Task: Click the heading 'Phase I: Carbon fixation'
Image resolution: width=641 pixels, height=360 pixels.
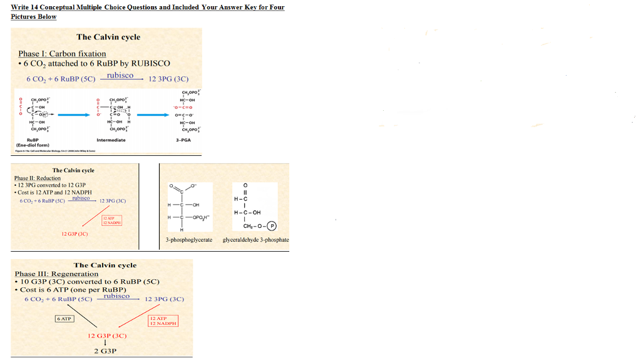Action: coord(62,54)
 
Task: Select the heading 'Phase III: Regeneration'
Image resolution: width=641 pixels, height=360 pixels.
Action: coord(56,274)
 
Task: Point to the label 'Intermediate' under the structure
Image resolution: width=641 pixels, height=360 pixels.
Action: coord(111,140)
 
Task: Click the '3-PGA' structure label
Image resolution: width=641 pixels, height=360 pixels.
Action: coord(183,140)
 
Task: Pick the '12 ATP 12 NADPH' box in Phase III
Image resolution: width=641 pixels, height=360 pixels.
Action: coord(163,321)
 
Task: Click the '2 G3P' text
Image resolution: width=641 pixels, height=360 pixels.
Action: coord(105,351)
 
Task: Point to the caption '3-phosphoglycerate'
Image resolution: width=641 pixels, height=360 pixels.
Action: coord(188,240)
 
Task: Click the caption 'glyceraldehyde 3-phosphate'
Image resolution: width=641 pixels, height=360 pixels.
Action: coord(255,240)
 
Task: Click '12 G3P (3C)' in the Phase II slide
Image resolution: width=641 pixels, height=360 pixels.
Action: coord(74,234)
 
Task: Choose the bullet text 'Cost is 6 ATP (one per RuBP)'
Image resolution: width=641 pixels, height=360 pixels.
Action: coord(73,290)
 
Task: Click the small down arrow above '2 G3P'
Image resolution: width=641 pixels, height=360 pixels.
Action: coord(106,343)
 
